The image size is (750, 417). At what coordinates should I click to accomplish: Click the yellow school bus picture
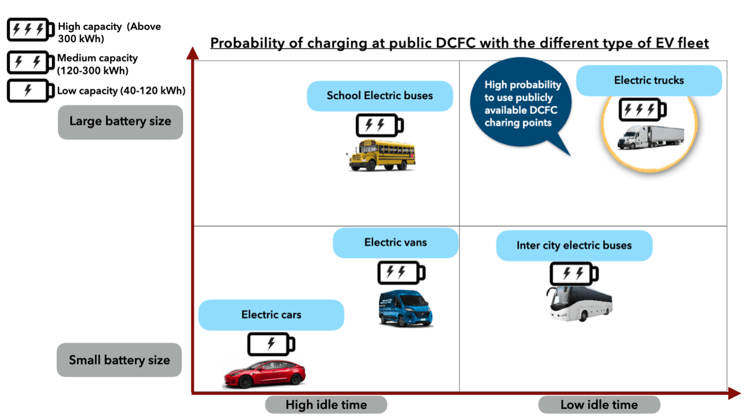pos(382,155)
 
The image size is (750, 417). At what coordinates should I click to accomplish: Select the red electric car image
pos(264,373)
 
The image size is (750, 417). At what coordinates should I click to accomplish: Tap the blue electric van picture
pos(405,309)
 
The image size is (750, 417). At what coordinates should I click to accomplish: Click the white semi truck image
pos(650,138)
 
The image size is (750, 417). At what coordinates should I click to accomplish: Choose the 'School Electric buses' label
pos(379,96)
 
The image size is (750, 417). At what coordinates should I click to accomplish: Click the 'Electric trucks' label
pos(649,81)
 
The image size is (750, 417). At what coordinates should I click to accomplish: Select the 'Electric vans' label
pos(395,242)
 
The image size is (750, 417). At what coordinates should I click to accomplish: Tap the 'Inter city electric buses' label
pos(574,245)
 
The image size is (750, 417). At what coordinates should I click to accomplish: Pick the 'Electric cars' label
pos(271,315)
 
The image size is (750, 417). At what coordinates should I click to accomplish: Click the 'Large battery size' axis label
pos(120,122)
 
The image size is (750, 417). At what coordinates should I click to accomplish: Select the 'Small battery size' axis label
pos(119,360)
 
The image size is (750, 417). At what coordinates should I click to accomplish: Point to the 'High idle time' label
pos(326,405)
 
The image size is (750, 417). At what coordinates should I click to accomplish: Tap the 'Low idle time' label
pos(599,405)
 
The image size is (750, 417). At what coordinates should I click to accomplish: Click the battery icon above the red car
pos(271,344)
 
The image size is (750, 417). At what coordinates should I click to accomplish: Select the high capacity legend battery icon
pos(30,30)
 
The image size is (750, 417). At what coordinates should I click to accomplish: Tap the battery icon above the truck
pos(642,110)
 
